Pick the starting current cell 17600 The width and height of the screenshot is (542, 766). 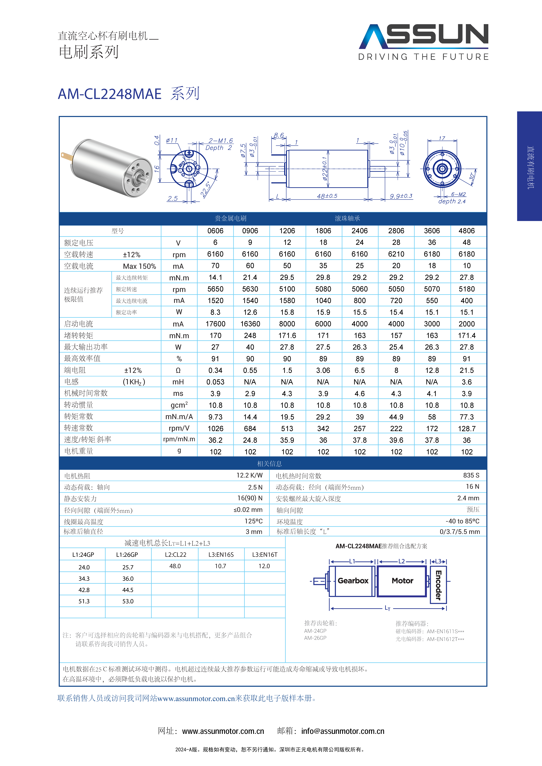(215, 324)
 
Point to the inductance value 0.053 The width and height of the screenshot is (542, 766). (215, 382)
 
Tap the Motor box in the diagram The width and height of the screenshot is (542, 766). (402, 581)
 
